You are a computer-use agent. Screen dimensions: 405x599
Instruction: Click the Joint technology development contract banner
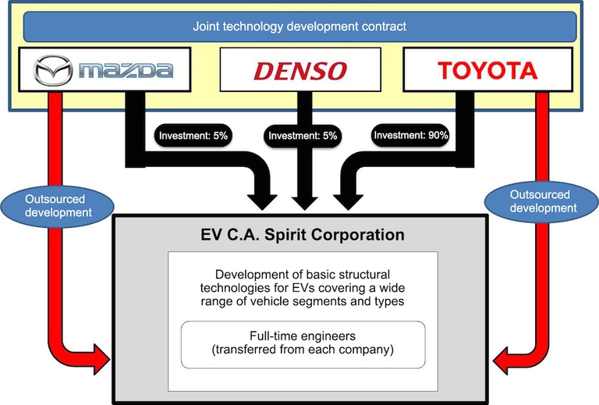click(x=299, y=27)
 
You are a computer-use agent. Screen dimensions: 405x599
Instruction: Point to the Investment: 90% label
click(x=411, y=135)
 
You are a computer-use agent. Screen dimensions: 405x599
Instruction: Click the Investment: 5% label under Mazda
click(x=193, y=135)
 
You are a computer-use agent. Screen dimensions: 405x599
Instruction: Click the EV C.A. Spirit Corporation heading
click(x=301, y=234)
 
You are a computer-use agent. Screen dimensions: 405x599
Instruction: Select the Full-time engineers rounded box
click(x=303, y=343)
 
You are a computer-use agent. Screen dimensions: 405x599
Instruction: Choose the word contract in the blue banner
click(x=384, y=27)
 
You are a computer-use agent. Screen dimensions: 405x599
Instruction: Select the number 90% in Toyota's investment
click(x=438, y=135)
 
